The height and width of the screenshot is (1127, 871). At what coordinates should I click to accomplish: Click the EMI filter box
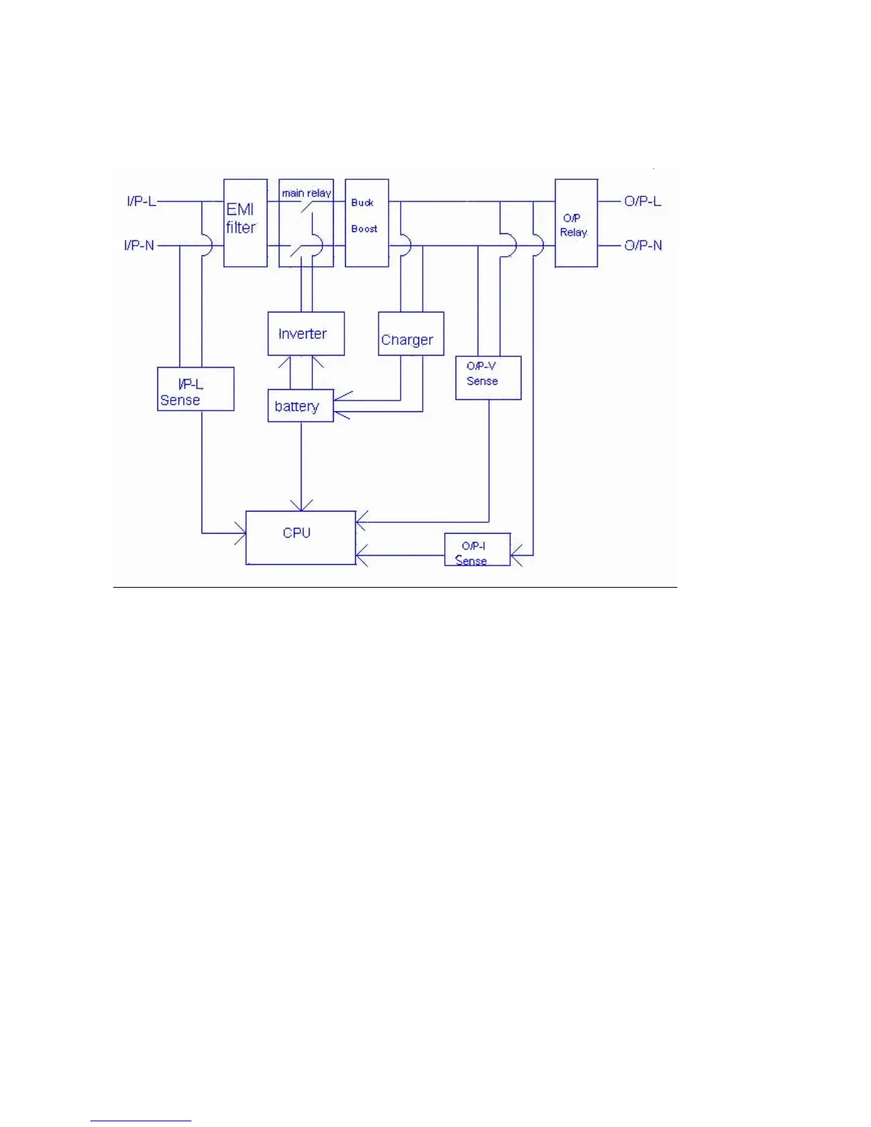(246, 223)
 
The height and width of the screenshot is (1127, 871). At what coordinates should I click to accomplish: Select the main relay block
(306, 223)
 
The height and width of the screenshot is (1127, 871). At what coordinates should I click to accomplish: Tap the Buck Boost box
(366, 223)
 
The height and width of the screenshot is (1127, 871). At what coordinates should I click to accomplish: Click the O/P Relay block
(576, 223)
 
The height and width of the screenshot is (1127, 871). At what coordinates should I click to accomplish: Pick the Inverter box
(306, 334)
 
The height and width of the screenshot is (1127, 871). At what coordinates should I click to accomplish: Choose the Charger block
(411, 334)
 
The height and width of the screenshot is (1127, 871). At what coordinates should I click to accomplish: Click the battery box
(300, 406)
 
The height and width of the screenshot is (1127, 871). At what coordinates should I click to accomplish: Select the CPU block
(300, 538)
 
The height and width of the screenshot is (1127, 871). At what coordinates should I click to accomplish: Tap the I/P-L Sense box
(195, 388)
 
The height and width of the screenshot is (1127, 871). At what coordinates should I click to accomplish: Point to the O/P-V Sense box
(488, 378)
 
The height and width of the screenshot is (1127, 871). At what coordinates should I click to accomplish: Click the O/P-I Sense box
(477, 549)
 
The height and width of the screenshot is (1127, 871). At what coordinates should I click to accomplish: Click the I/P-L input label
(141, 201)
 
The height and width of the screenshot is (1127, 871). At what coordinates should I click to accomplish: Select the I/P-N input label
(139, 245)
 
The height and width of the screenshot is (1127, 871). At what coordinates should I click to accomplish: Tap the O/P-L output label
(643, 201)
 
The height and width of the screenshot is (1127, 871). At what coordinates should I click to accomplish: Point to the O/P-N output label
(643, 245)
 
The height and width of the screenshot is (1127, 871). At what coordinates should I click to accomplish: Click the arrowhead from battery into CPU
(301, 506)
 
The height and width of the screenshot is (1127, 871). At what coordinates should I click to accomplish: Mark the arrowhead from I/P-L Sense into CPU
(241, 533)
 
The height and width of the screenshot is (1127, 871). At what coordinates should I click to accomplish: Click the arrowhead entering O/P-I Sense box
(516, 555)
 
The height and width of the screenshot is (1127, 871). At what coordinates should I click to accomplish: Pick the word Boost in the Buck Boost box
(364, 229)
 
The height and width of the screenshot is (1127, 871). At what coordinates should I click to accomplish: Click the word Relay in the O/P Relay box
(574, 233)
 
